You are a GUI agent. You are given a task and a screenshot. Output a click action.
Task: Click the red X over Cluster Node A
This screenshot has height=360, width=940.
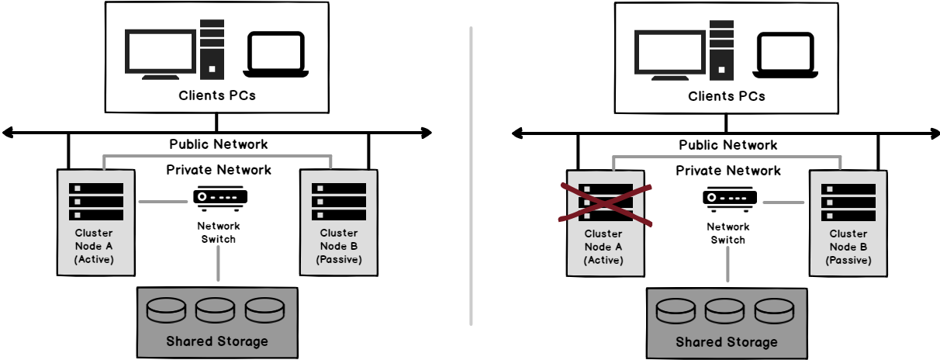(606, 204)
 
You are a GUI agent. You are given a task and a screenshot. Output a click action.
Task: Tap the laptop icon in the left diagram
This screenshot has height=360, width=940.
(275, 54)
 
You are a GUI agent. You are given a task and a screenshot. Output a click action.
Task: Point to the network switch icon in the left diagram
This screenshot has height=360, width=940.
(220, 198)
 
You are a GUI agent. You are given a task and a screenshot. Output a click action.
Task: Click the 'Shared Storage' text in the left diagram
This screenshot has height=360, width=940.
(217, 341)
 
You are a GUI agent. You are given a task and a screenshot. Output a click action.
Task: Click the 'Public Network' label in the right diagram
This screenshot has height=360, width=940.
(727, 145)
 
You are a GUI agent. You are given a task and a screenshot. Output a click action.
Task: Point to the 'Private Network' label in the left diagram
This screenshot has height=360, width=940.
(219, 170)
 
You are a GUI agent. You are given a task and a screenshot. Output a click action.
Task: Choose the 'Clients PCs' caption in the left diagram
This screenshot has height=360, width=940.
(217, 96)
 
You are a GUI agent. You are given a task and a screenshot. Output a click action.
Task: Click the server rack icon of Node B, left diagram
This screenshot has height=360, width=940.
(339, 202)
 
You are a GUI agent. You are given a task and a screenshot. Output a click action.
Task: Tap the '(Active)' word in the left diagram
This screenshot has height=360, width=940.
(95, 259)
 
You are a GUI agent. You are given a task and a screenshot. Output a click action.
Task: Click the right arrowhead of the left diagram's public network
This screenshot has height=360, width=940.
(425, 133)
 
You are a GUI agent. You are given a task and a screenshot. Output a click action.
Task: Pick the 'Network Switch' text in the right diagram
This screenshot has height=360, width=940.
(727, 234)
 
